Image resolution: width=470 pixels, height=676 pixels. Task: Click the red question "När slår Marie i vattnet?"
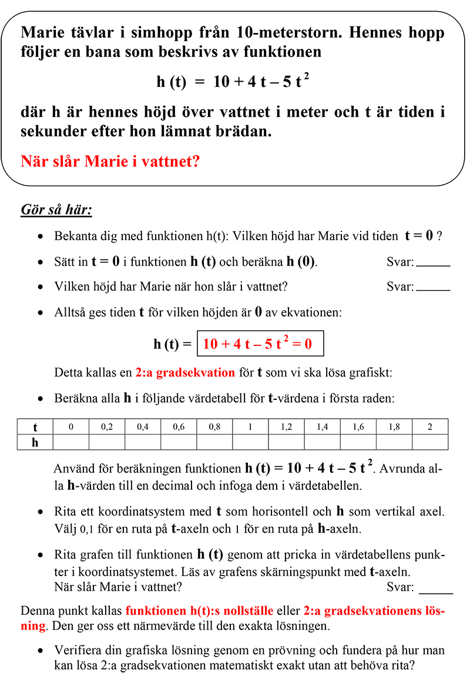(x=110, y=161)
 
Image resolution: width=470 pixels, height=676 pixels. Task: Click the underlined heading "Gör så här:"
(x=56, y=210)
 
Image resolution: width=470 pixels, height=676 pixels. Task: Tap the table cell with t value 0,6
(x=179, y=427)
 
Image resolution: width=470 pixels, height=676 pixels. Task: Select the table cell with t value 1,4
(x=322, y=427)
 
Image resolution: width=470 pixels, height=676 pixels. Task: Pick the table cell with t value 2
(x=429, y=427)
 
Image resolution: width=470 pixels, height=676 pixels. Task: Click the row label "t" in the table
(x=35, y=427)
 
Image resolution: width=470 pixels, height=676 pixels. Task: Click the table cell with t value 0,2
(x=107, y=427)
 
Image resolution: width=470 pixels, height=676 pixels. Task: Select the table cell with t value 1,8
(x=394, y=427)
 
